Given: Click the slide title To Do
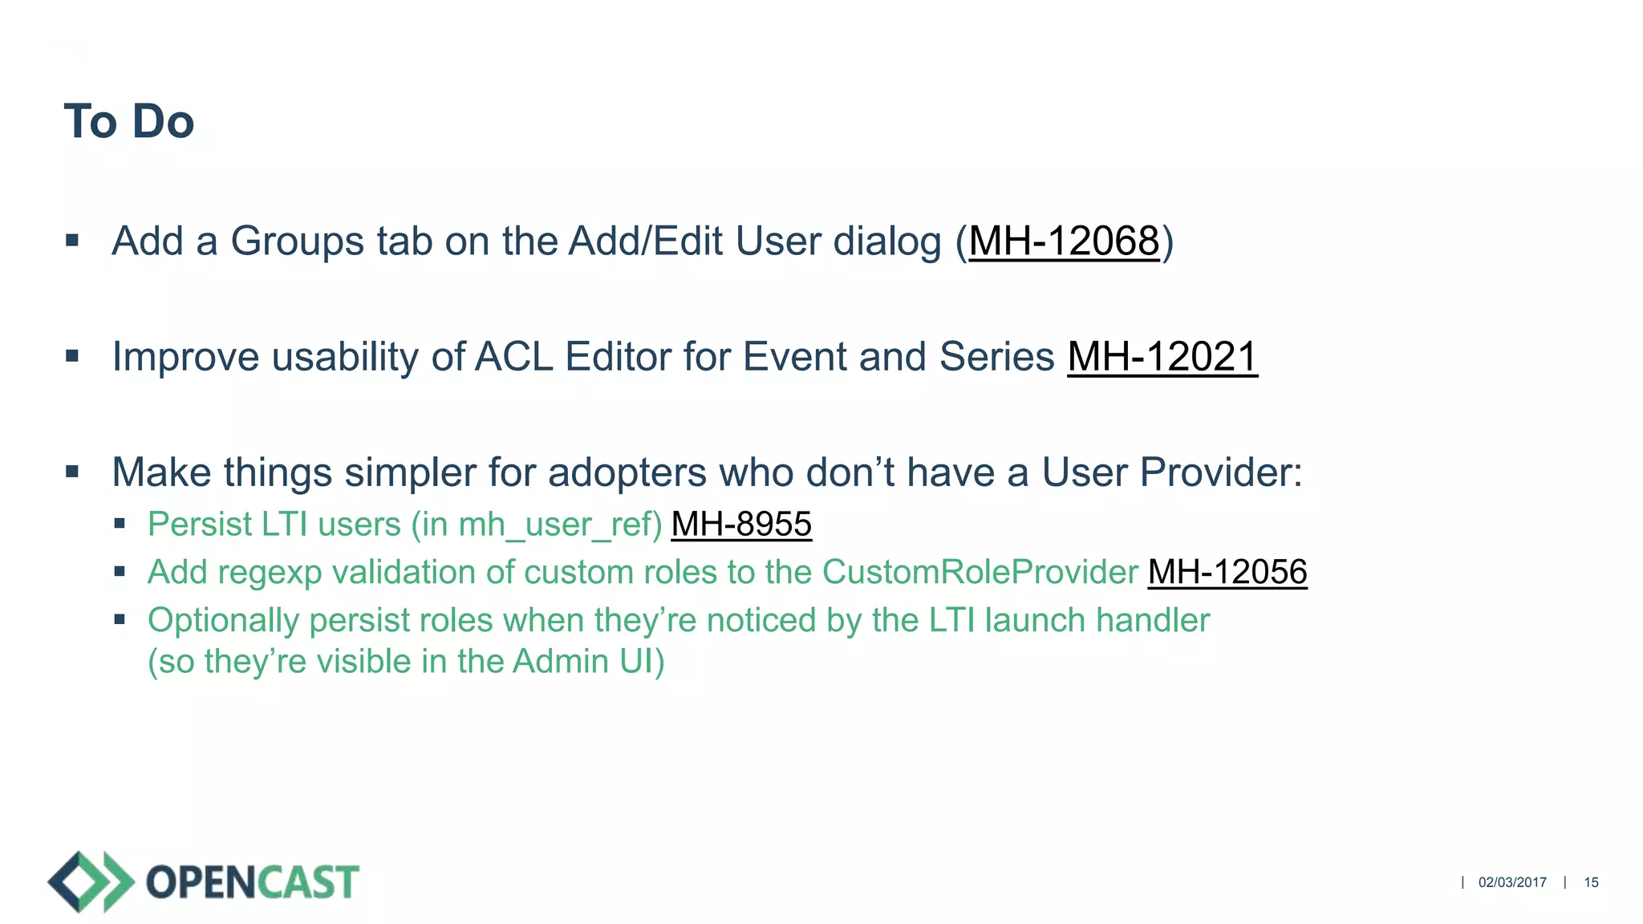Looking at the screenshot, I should coord(128,122).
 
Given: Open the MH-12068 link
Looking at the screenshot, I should coord(1064,241).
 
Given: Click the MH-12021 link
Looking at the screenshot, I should coord(1162,356).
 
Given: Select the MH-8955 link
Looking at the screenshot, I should coord(741,524).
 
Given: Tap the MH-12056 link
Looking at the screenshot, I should coord(1227,572).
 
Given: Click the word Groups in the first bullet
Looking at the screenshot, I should coord(298,241).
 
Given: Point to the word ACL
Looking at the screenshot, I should coord(513,356).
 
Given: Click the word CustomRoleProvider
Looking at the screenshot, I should coord(980,572).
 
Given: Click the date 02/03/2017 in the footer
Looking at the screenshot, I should coord(1512,882).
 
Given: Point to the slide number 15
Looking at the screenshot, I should coord(1591,882).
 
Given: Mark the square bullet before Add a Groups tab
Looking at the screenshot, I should coord(72,240).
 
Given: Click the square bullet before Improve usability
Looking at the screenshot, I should coord(72,355).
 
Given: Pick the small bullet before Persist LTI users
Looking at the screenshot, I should coord(120,524).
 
